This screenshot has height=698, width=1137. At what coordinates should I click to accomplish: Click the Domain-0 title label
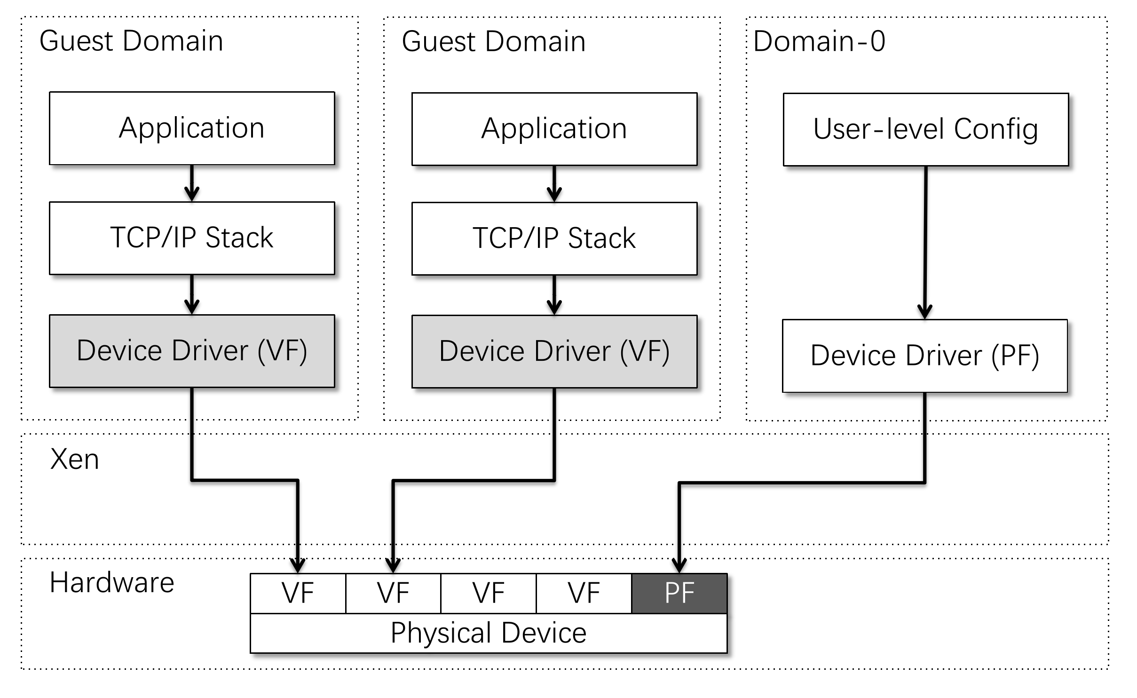tap(819, 41)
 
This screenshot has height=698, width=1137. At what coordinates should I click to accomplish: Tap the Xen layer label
tap(74, 459)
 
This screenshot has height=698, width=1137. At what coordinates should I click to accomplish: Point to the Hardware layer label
tap(112, 583)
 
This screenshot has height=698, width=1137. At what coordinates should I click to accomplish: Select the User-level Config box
tap(926, 129)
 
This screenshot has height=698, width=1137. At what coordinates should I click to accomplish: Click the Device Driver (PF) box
tap(925, 356)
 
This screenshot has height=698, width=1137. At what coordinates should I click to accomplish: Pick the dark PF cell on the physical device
tap(679, 593)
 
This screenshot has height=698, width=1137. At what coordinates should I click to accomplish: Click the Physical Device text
tap(489, 633)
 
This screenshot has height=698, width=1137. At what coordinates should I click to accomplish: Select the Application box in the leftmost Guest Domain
tap(192, 128)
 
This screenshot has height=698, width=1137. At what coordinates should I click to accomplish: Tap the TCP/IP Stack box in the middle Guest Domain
tap(554, 238)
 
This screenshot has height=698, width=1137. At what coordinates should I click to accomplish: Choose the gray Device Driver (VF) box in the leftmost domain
tap(192, 351)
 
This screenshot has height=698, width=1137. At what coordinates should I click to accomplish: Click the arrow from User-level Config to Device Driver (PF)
tap(925, 243)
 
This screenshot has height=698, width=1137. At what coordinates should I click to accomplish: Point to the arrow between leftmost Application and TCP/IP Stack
tap(192, 183)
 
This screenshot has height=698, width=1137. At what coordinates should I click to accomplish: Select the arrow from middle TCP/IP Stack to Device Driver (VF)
tap(554, 295)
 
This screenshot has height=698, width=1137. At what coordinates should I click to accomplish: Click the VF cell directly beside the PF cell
tap(584, 593)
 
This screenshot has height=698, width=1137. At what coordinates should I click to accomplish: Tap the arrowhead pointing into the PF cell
tap(679, 565)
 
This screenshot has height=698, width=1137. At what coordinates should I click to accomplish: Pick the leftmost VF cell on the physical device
tap(298, 593)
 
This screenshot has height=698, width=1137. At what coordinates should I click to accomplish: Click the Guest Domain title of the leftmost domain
tap(131, 41)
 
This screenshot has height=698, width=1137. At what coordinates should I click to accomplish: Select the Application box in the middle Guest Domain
tap(554, 129)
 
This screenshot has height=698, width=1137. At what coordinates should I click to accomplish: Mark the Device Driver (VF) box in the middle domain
tap(554, 351)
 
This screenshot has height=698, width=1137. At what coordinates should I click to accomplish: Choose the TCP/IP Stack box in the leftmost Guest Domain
tap(192, 238)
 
